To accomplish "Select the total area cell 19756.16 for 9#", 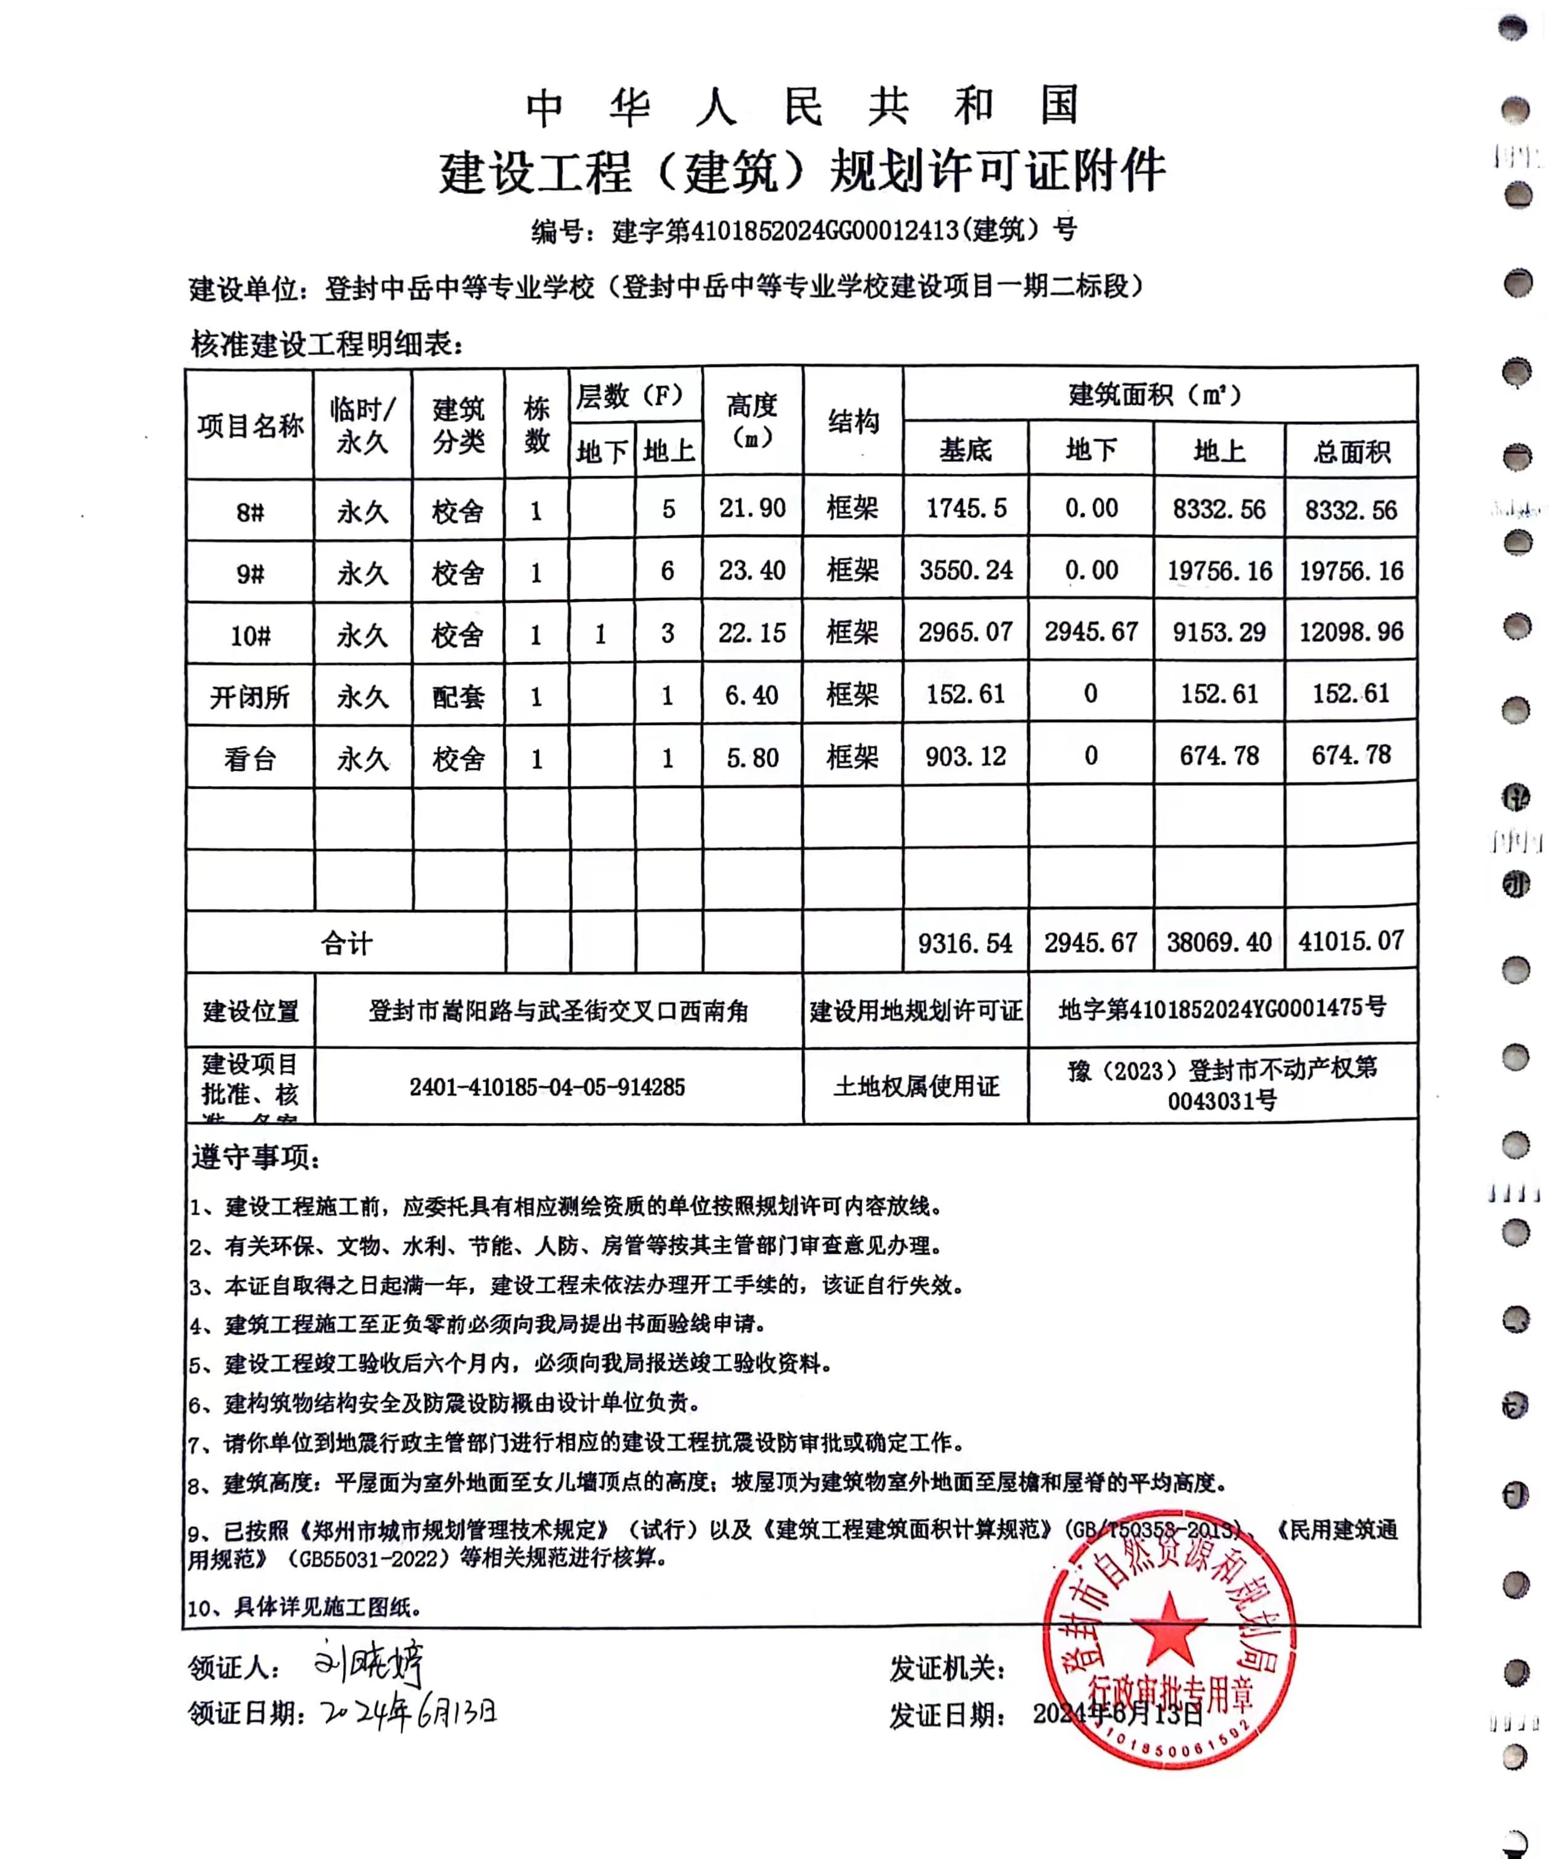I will click(1351, 571).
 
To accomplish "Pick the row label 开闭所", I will click(249, 697).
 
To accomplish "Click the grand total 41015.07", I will click(1351, 941).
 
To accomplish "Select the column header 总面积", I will click(1351, 452).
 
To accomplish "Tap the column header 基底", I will click(966, 451).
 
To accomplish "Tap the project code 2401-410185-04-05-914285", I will click(547, 1087).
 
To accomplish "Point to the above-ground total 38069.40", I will click(1219, 942).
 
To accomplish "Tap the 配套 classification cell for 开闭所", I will click(457, 697).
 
